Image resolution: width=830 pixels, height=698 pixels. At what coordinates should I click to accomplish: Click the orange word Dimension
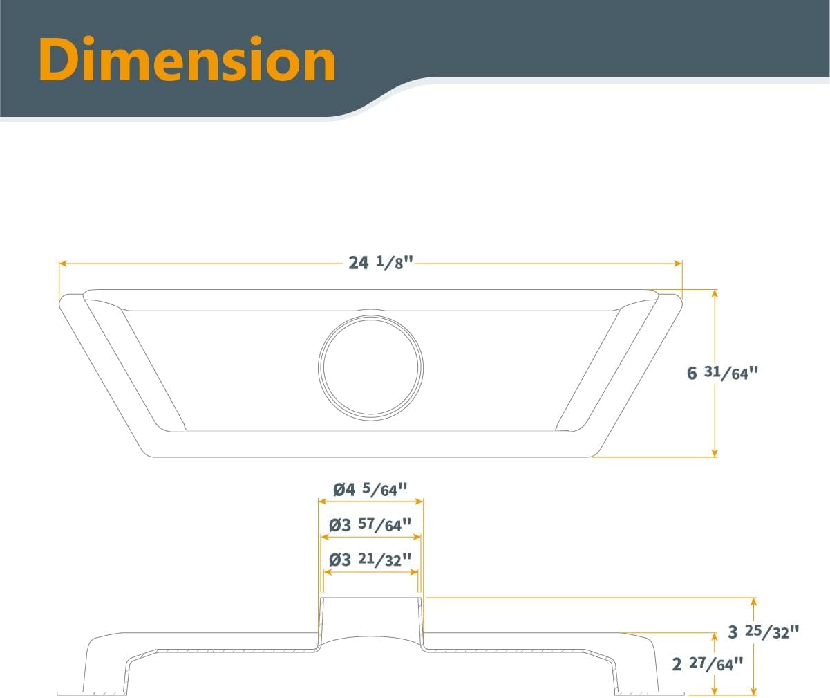(x=187, y=59)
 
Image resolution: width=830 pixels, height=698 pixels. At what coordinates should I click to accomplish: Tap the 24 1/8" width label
(x=381, y=263)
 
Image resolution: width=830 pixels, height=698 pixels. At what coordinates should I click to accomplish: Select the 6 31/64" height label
(x=722, y=373)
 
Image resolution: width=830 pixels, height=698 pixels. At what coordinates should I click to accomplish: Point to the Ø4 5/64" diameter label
(x=370, y=490)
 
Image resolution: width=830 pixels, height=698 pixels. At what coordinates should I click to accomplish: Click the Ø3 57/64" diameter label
(x=370, y=525)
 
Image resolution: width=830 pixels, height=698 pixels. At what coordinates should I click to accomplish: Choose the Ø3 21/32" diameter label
(x=370, y=560)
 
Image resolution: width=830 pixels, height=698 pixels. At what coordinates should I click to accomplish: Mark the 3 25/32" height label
(x=763, y=632)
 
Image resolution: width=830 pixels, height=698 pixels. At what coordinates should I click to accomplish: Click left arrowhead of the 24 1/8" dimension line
(x=63, y=264)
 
